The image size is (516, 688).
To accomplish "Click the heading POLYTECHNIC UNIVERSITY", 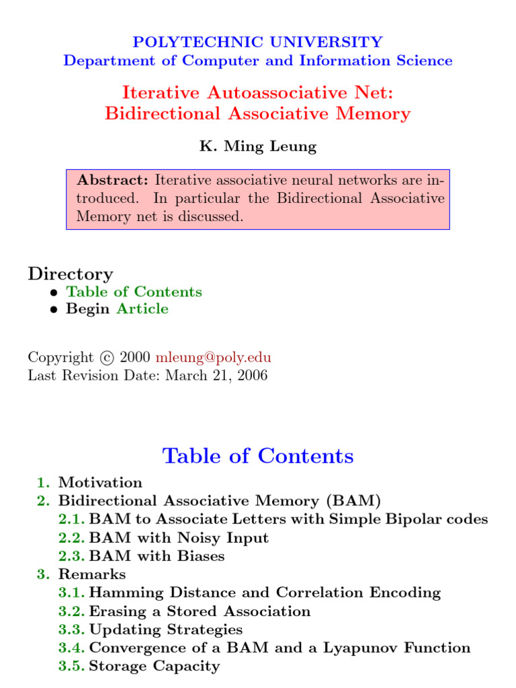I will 258,42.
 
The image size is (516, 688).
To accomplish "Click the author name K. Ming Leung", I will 258,146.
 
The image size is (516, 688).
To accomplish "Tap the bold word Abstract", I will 113,180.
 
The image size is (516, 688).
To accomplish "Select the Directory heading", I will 71,273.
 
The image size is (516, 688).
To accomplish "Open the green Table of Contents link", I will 134,292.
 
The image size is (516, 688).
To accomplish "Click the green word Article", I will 142,309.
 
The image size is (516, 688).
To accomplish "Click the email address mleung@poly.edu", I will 214,357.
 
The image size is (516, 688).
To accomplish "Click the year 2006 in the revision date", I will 250,375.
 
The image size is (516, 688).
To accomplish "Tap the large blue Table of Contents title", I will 258,456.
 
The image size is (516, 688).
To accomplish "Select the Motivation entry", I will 100,482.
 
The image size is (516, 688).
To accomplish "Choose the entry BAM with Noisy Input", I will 179,537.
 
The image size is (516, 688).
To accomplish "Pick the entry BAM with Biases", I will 157,556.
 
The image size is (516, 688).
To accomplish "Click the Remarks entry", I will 92,574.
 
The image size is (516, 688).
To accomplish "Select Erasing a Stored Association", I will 200,611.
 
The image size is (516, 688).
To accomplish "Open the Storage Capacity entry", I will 154,666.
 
